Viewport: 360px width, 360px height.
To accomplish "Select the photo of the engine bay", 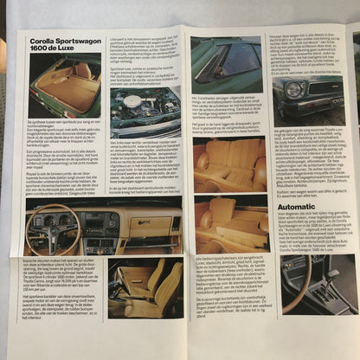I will click(145, 107).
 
